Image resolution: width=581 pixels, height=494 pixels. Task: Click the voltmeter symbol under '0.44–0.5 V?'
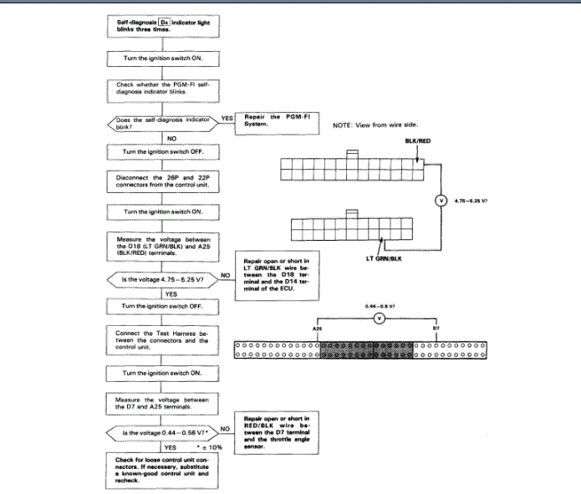[378, 318]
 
